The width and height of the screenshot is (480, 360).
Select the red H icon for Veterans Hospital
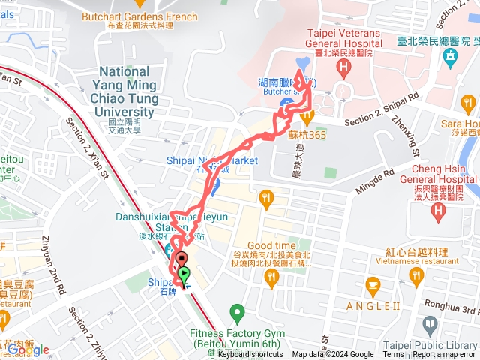[x=343, y=70]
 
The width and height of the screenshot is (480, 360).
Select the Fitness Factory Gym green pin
[x=237, y=310]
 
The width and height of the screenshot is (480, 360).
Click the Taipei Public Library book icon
[x=430, y=325]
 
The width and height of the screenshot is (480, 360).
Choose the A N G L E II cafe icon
[x=373, y=285]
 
